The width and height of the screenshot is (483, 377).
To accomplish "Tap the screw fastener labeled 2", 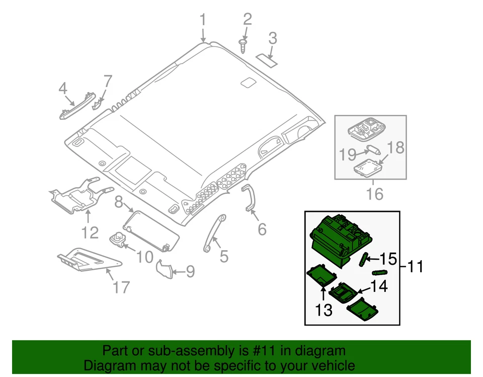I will pos(244,46).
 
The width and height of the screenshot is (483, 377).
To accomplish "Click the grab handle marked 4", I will pos(77,105).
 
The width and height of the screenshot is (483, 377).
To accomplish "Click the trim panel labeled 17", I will pos(86,260).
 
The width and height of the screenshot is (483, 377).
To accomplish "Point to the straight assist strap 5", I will pos(213,234).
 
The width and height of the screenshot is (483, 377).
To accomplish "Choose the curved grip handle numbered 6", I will pos(250,198).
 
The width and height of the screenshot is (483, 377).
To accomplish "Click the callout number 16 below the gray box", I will pos(375,193).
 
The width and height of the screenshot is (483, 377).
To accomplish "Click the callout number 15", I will pos(388,259).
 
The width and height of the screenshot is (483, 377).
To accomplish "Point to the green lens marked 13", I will pos(321,275).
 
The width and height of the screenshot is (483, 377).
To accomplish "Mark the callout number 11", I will pos(416,266).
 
